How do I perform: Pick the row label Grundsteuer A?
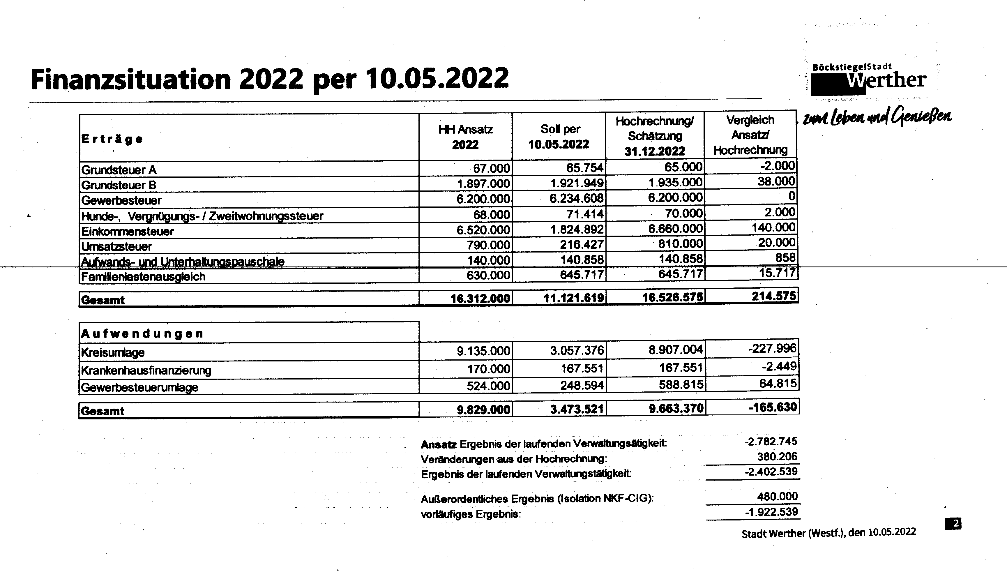pos(119,170)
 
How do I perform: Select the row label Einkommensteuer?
pos(127,231)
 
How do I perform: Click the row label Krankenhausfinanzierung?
pos(146,370)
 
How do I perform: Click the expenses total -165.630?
pos(773,407)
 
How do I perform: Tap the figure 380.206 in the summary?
pos(777,456)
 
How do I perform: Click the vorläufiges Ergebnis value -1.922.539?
pos(771,512)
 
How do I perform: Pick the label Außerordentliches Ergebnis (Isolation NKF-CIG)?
pos(537,498)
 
